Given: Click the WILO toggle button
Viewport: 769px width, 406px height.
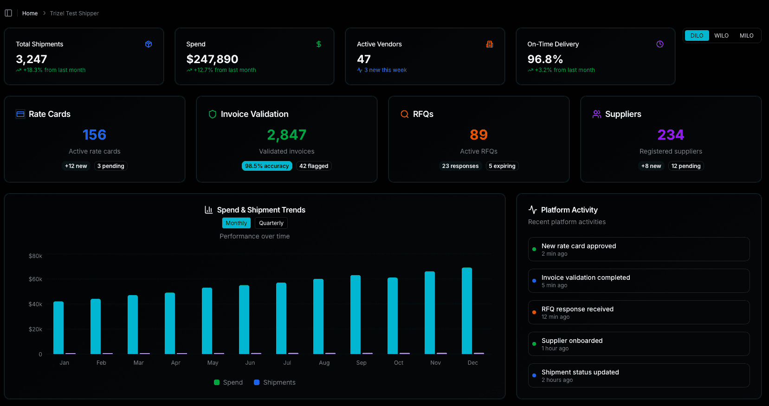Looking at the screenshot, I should coord(721,36).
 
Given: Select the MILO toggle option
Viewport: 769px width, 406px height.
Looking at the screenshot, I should coord(746,36).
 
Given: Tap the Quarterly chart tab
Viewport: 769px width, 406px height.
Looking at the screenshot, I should coord(271,223).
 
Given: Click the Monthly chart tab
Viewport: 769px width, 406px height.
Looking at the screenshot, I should coord(236,223).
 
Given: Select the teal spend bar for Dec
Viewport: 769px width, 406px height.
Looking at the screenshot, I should coord(467,311).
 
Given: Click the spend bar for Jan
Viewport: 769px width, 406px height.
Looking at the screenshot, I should coord(58,328).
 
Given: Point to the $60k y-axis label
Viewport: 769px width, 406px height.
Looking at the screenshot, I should coord(35,279).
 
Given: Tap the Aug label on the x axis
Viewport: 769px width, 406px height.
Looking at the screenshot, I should coord(324,363).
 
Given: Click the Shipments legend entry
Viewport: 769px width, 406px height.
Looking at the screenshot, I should coord(275,382).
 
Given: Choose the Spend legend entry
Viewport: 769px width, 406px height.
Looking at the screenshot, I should coord(228,382).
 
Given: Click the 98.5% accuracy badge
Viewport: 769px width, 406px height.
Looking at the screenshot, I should coord(267,166).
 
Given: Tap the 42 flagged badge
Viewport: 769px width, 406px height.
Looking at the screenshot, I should coord(314,166).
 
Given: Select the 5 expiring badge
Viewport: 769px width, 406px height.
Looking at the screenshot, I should coord(502,166).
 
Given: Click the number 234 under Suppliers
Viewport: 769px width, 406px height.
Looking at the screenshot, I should coord(671,135).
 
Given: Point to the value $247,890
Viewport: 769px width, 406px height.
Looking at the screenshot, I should coord(212,59).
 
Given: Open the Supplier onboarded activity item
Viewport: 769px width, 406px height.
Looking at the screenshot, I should coord(639,344).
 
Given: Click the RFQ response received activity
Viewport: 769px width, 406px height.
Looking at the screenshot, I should coord(639,312).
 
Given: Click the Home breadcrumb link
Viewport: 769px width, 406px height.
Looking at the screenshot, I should coord(30,13).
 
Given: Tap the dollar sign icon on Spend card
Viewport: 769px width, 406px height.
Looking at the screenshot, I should coord(319,44).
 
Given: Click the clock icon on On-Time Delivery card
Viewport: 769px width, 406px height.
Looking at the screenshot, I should coord(660,44).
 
